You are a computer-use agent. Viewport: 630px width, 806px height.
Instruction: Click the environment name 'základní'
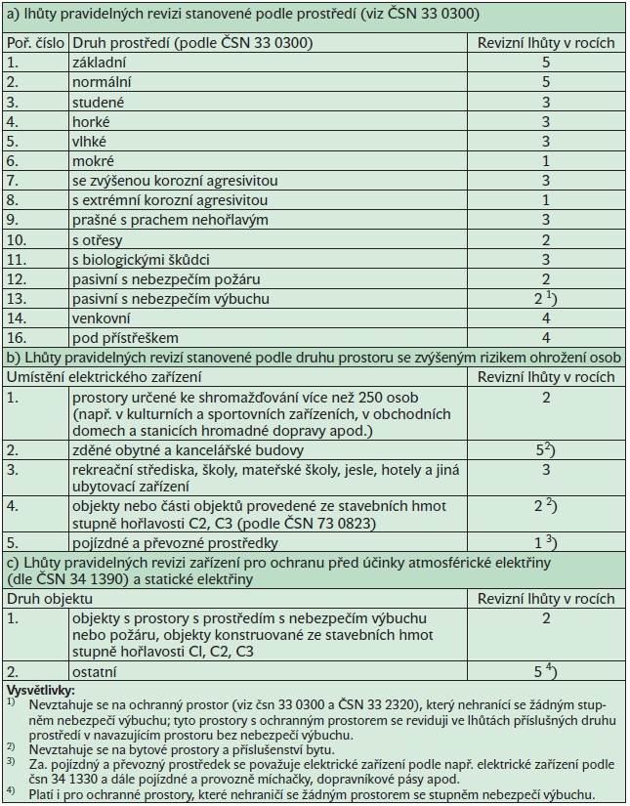(101, 62)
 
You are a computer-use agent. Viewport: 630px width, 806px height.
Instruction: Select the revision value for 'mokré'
(546, 161)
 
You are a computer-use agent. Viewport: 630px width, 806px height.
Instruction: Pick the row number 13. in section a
(20, 298)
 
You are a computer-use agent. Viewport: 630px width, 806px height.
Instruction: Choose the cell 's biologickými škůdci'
(141, 259)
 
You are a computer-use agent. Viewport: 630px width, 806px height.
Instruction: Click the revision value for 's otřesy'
(546, 239)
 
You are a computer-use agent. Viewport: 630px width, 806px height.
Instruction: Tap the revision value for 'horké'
(546, 121)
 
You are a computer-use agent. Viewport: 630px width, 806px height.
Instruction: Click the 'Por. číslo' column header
(33, 43)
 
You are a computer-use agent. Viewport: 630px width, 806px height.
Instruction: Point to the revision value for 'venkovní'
(546, 318)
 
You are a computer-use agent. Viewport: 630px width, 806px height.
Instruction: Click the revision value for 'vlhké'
(546, 141)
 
